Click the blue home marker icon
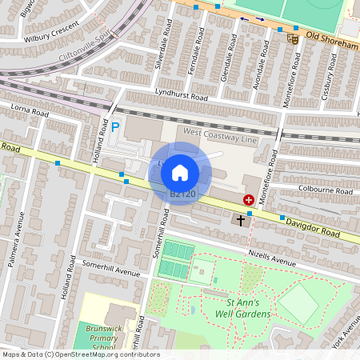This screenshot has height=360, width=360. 180,173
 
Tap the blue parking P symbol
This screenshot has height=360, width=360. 115,126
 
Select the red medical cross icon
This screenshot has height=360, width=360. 249,199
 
